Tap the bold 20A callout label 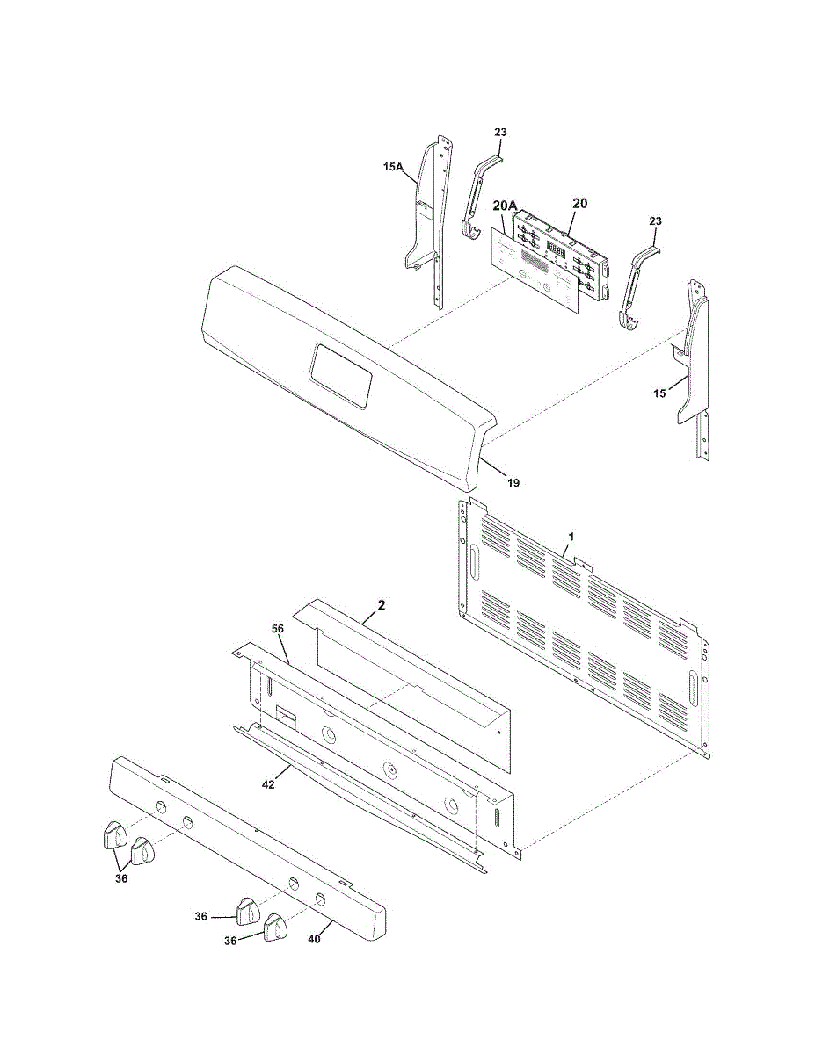504,205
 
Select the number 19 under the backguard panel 513,482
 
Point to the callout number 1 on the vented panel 571,535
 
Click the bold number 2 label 381,604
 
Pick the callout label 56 277,629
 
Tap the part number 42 269,784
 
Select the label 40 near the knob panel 314,938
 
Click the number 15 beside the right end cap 659,393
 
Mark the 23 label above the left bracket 500,133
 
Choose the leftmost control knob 112,835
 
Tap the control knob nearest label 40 276,927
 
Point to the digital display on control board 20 556,249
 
